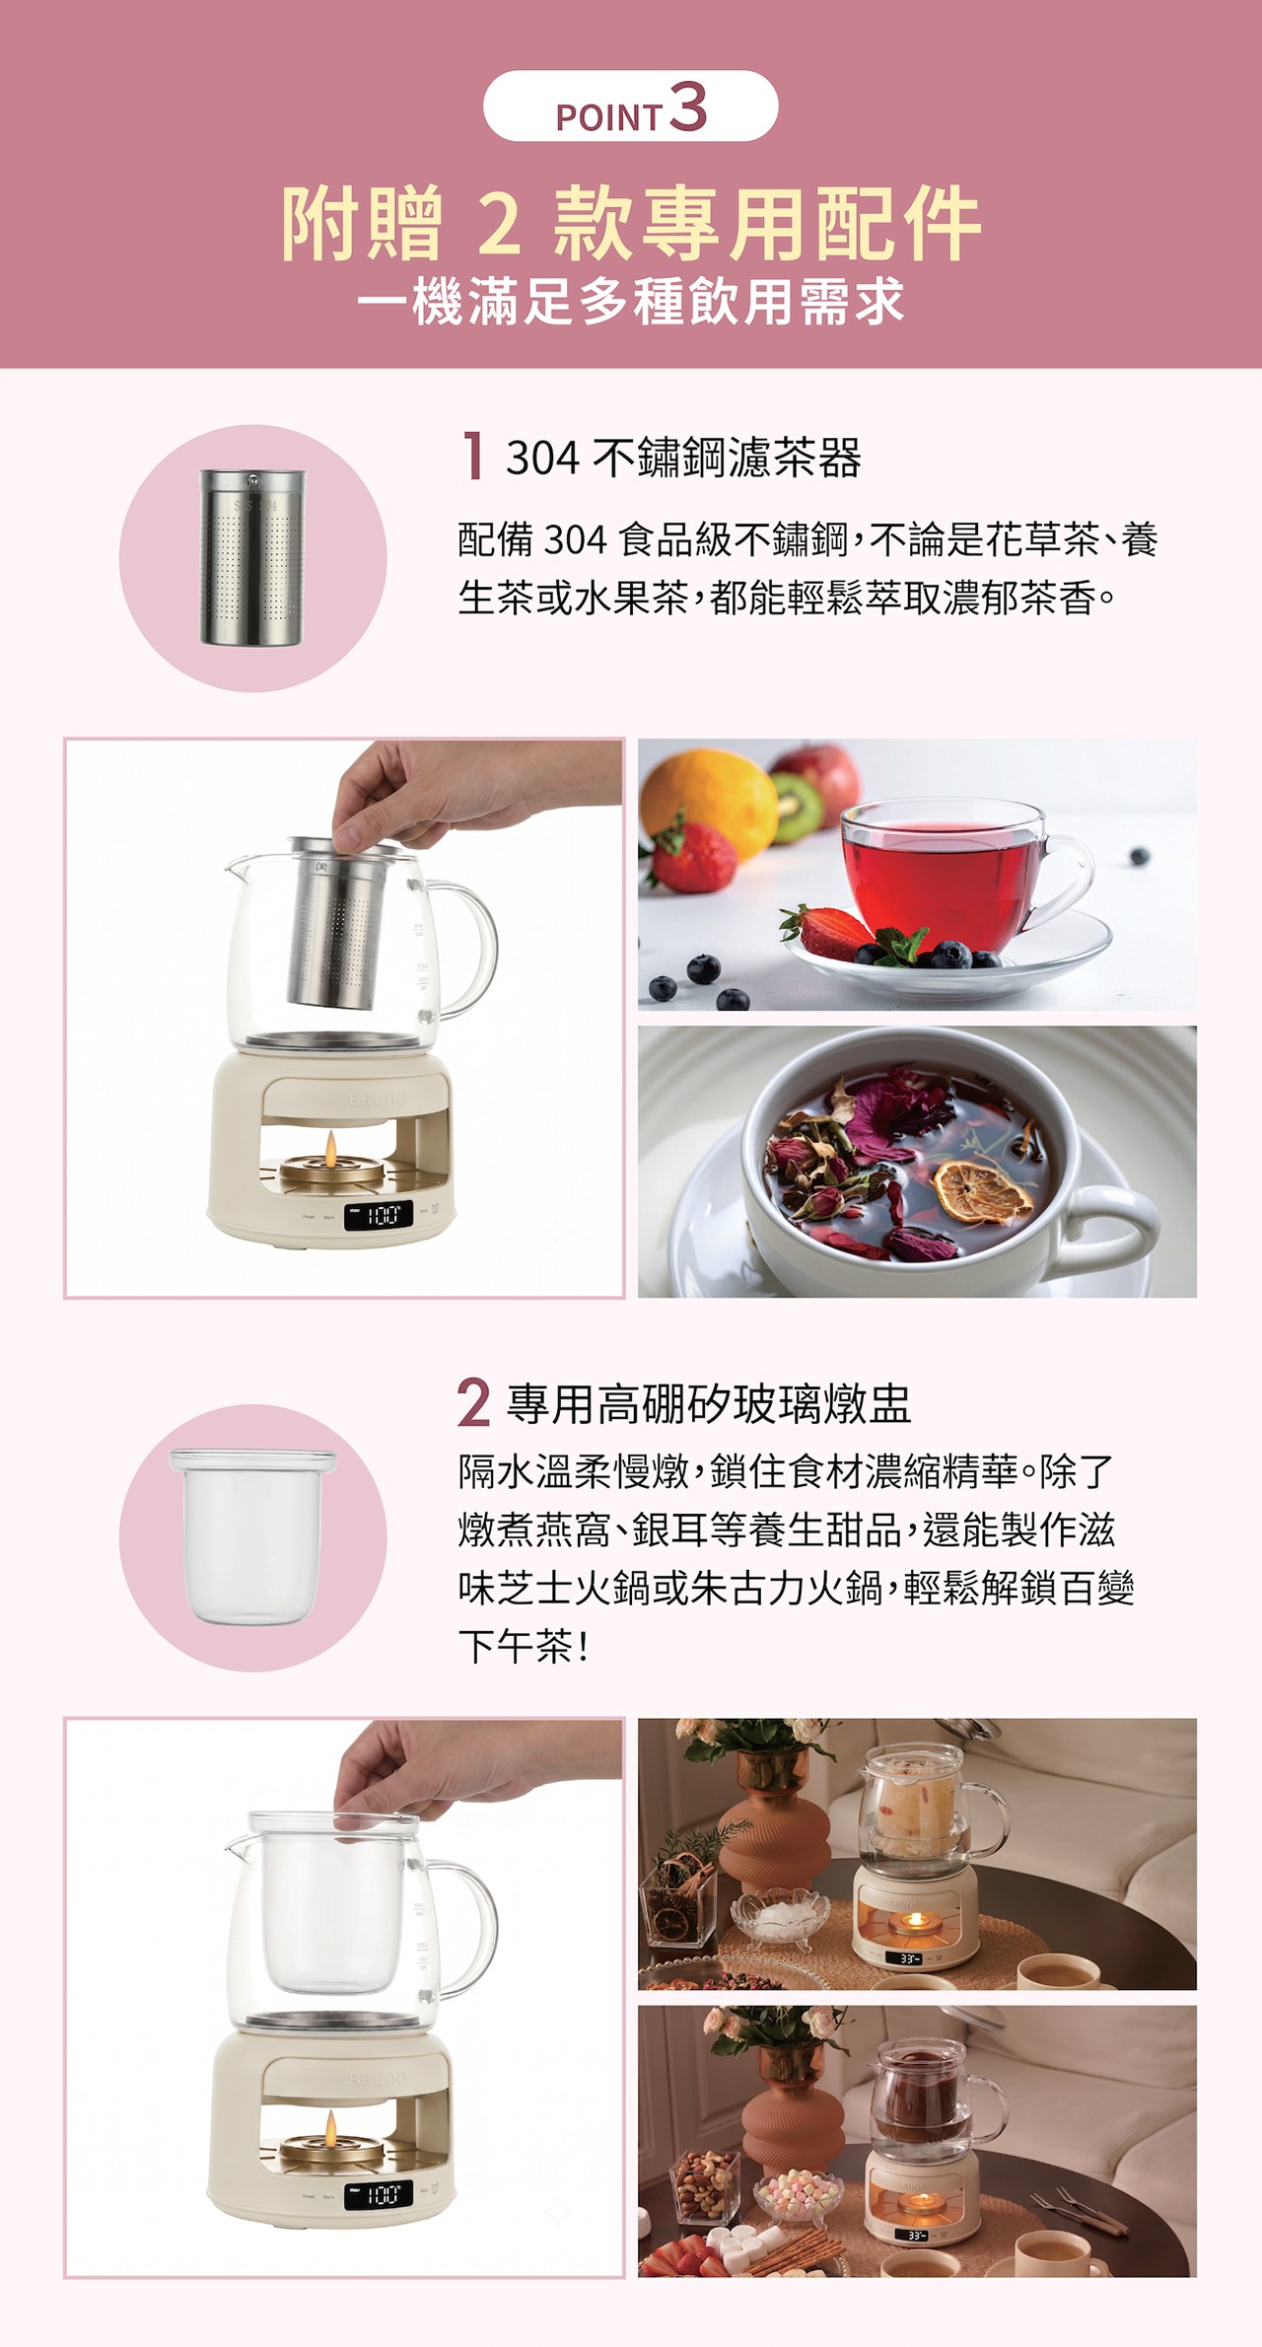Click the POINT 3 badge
(631, 107)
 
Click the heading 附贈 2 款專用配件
(631, 225)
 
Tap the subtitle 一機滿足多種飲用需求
(631, 302)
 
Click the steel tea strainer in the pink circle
(251, 558)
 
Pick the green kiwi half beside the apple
(797, 807)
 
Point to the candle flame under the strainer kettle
(331, 1146)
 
